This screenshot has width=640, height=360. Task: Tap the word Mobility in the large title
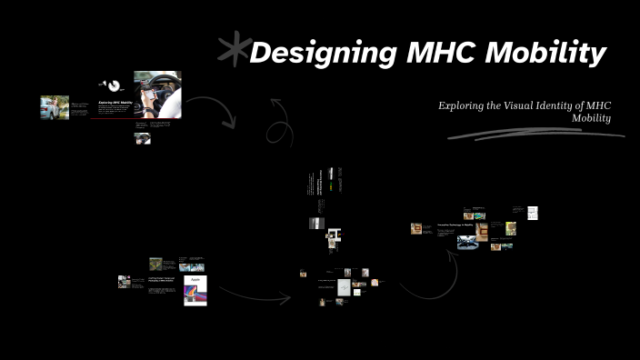(x=545, y=55)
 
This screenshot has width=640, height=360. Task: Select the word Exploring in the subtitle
(x=462, y=105)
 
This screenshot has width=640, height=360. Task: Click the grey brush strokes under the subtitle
(x=536, y=135)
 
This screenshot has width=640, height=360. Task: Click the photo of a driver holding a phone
(x=157, y=95)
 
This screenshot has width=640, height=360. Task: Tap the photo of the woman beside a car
(x=55, y=107)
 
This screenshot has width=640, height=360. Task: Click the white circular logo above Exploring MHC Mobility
(x=114, y=86)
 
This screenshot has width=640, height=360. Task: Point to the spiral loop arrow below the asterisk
(x=279, y=125)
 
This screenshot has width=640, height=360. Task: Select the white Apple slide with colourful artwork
(x=195, y=290)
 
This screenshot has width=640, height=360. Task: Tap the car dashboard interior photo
(x=467, y=242)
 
